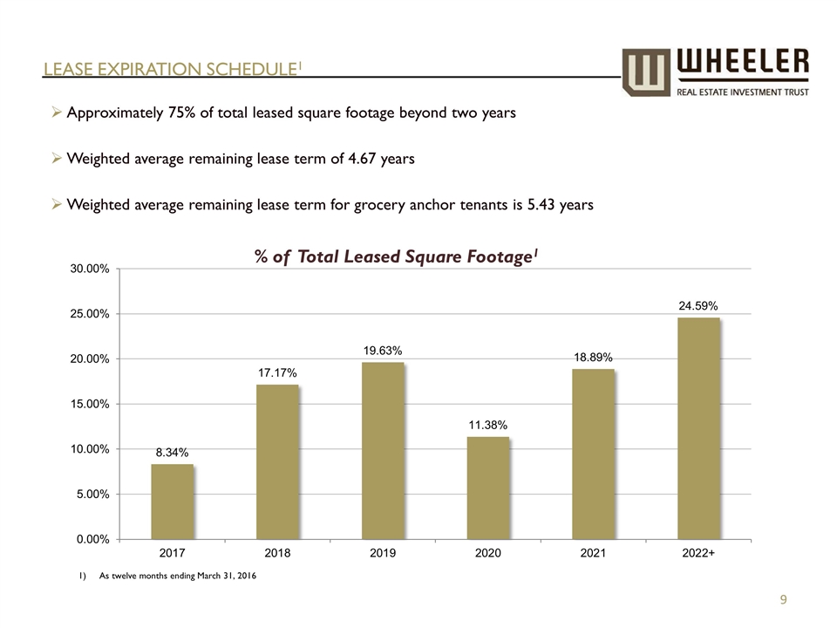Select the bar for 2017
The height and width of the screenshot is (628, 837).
coord(173,502)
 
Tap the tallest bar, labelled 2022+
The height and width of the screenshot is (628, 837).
coord(698,428)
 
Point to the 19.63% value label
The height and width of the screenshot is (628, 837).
coord(383,351)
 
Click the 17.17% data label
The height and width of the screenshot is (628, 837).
coord(277,372)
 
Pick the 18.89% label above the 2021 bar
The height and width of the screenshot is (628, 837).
coord(593,357)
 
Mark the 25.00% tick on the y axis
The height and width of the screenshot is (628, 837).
coord(89,314)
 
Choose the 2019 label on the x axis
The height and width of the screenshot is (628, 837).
coord(383,553)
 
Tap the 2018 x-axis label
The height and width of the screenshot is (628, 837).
coord(277,553)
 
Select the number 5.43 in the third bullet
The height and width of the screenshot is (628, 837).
coord(534,205)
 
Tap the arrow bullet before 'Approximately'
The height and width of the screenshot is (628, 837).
coord(56,113)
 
